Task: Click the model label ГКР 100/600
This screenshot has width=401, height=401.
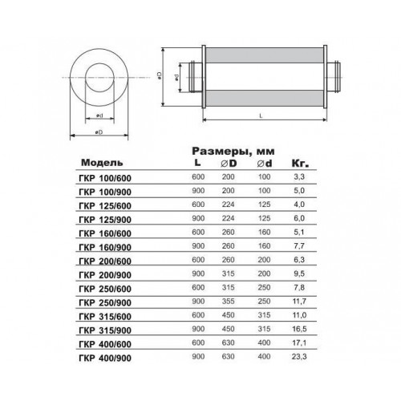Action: (x=105, y=178)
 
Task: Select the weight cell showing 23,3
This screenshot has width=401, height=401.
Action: (x=299, y=357)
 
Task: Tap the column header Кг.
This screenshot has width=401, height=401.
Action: (x=300, y=164)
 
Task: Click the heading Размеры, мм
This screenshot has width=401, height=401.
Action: (x=233, y=152)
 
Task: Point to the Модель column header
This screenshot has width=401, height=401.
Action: (x=102, y=163)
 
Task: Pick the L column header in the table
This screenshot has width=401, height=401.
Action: (x=197, y=162)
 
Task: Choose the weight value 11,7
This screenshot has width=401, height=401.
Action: (x=299, y=302)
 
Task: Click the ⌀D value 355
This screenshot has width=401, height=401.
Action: (x=228, y=302)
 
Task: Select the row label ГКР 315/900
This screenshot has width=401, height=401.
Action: (x=105, y=330)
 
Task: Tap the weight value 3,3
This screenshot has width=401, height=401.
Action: (x=299, y=176)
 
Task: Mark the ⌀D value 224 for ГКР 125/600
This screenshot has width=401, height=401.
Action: (x=228, y=205)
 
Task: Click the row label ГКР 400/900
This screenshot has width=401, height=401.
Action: (x=105, y=358)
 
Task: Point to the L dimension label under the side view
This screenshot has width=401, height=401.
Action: (x=261, y=115)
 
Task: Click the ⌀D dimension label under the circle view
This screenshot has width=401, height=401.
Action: (x=99, y=132)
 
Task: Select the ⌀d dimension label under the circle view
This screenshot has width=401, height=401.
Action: (x=99, y=115)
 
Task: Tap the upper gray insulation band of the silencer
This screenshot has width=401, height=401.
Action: (x=264, y=55)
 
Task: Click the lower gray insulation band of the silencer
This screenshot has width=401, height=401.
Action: (x=264, y=98)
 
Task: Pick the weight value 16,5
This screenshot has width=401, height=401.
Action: (x=299, y=329)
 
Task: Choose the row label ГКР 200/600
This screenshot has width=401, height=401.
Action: (x=105, y=261)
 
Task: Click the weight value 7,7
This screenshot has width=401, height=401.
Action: (x=299, y=246)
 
